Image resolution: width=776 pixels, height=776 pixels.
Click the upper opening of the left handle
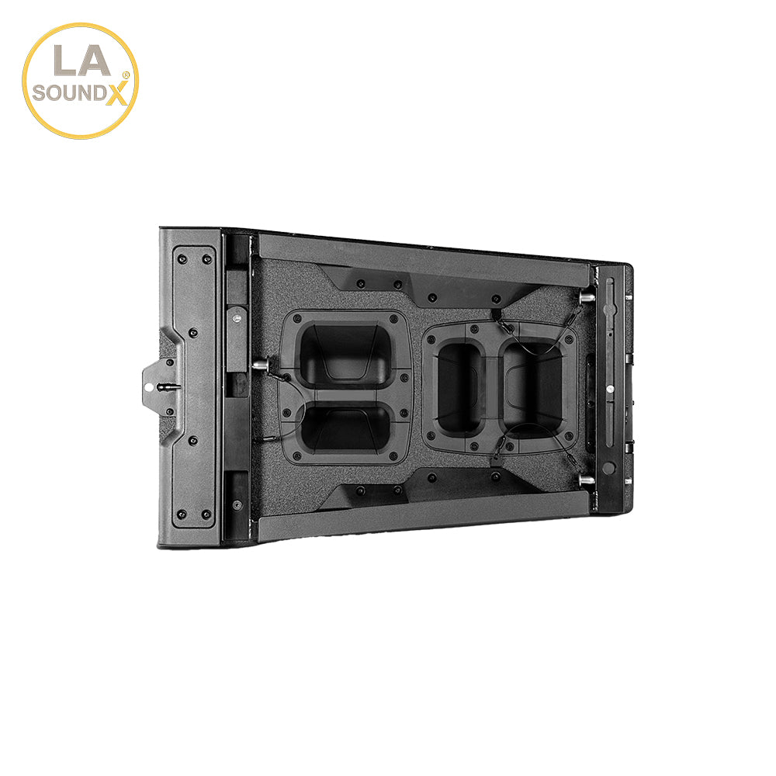click(x=343, y=354)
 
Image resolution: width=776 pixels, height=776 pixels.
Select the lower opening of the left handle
click(x=343, y=428)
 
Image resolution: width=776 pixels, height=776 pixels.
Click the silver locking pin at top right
click(x=587, y=296)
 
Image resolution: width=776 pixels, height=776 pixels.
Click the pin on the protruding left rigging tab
click(x=164, y=385)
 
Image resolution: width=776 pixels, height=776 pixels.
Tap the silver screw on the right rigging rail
click(x=611, y=388)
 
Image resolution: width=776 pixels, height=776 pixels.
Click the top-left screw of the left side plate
click(x=182, y=258)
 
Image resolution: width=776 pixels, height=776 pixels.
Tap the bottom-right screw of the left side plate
click(x=206, y=514)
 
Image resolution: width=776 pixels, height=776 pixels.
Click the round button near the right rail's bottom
click(x=609, y=467)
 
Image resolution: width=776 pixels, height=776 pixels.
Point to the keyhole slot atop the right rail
click(x=609, y=291)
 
